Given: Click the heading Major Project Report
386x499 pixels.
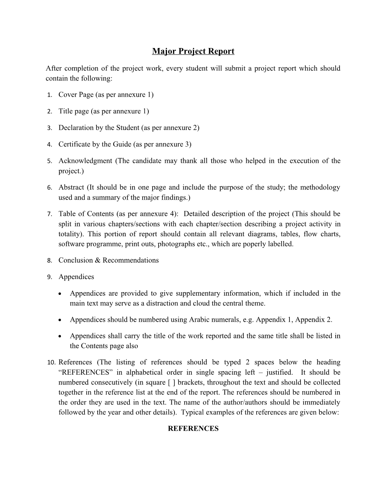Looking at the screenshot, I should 193,51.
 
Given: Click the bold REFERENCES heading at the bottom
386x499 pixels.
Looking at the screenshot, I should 193,429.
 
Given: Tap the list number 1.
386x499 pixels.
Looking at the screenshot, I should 49,95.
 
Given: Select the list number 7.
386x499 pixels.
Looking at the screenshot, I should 49,214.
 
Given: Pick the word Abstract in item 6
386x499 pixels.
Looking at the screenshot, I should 71,187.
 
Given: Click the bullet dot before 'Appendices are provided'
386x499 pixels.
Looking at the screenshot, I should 61,293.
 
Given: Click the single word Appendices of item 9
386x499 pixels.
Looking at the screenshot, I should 76,277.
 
